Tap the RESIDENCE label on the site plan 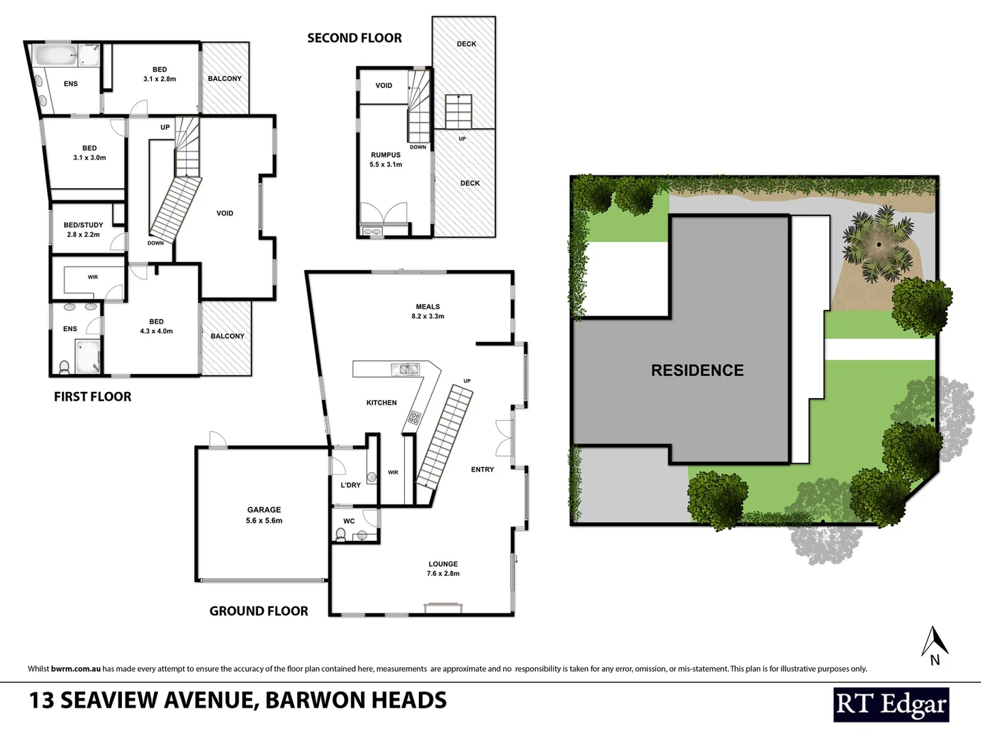[x=697, y=370]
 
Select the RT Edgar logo [x=890, y=704]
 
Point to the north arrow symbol [x=935, y=645]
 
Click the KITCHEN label [x=381, y=403]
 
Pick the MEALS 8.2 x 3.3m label [x=428, y=311]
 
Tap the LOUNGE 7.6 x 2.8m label [x=443, y=568]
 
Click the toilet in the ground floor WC [x=341, y=534]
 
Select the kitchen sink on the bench [x=405, y=369]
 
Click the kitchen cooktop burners [x=414, y=417]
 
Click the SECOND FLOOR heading [x=354, y=38]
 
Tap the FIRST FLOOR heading [x=93, y=397]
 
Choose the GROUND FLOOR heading [x=259, y=611]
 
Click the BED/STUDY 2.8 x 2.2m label [x=83, y=230]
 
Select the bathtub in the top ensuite [x=56, y=55]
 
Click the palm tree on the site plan [x=878, y=243]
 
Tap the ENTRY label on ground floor [x=482, y=470]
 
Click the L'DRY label [x=350, y=485]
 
